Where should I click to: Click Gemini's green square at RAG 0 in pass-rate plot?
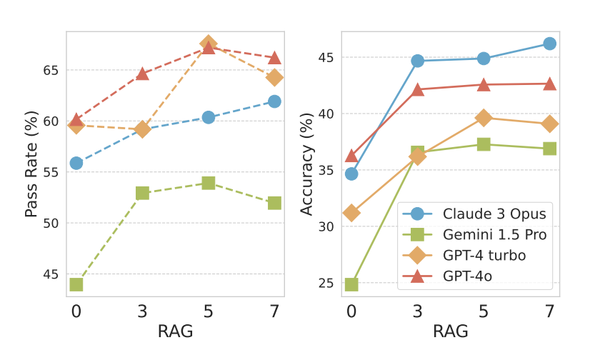(x=76, y=284)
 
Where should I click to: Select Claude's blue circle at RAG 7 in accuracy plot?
(x=549, y=44)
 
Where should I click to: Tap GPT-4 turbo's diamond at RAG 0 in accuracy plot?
(x=351, y=213)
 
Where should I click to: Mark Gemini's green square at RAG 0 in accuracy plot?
(x=351, y=284)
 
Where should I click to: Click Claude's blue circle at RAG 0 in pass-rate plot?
(x=76, y=163)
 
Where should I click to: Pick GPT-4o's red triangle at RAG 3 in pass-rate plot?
(x=142, y=73)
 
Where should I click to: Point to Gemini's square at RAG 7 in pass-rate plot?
(x=274, y=203)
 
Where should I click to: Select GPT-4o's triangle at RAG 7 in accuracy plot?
(x=549, y=84)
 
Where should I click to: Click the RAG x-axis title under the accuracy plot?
(x=450, y=331)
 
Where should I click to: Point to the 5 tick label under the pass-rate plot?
(x=209, y=311)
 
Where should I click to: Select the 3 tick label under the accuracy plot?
(x=417, y=311)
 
